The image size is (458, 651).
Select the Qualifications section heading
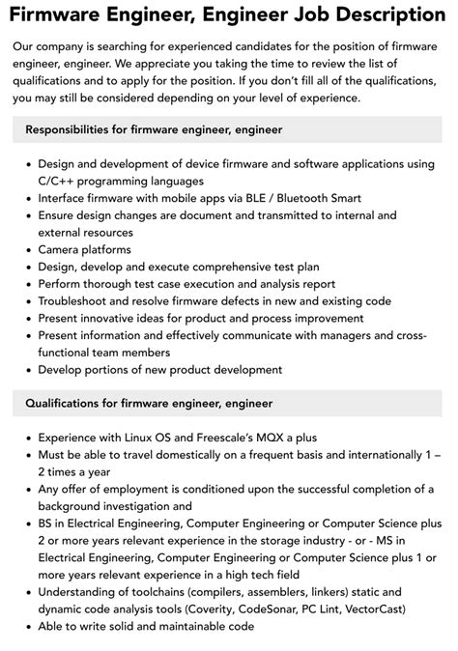pyautogui.click(x=149, y=403)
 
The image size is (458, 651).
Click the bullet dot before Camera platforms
pyautogui.click(x=26, y=250)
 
